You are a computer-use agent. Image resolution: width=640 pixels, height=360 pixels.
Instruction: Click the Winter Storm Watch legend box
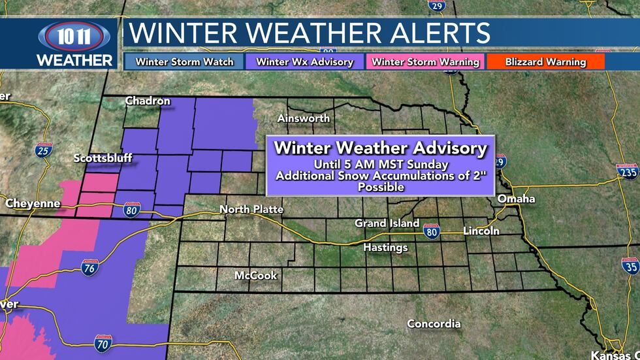(185, 62)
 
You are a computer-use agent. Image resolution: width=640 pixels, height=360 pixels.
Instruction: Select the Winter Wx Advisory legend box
(304, 62)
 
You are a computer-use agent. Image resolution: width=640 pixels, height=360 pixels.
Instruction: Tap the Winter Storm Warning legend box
(425, 62)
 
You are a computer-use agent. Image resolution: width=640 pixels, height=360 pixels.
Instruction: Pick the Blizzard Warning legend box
(545, 62)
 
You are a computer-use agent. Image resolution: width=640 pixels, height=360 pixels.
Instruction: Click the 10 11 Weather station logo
(74, 44)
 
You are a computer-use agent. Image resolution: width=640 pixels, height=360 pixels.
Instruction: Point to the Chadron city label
(148, 101)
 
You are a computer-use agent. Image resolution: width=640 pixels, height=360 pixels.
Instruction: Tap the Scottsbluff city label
(103, 158)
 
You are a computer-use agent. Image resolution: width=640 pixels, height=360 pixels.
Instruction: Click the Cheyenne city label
(33, 203)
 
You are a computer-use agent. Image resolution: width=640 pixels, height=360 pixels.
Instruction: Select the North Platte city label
(251, 209)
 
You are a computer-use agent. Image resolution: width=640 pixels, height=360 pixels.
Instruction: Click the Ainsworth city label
(303, 118)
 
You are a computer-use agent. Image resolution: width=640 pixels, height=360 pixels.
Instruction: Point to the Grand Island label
(387, 223)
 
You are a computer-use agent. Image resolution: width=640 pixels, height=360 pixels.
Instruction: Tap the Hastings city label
(385, 248)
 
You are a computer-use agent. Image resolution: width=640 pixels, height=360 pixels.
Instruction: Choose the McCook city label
(255, 275)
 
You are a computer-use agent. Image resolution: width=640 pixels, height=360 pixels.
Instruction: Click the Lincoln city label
(481, 231)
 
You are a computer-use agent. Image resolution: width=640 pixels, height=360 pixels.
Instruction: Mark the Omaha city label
(516, 199)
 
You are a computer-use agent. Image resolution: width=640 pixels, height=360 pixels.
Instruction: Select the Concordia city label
(434, 323)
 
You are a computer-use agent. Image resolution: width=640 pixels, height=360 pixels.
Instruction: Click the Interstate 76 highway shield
(90, 267)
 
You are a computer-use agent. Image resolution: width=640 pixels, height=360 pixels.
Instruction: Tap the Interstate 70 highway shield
(103, 341)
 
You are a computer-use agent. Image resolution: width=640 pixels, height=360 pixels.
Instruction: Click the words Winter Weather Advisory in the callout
(380, 148)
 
